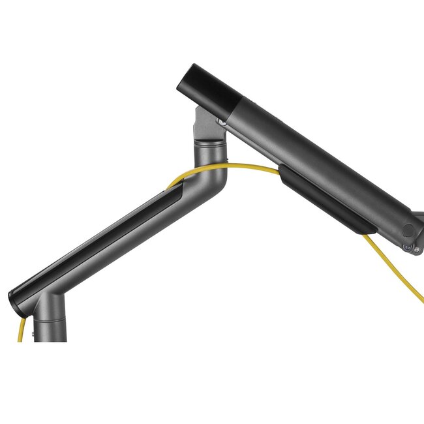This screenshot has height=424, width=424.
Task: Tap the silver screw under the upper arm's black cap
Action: pos(223,121)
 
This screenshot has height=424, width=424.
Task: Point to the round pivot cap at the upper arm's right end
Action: pos(409,230)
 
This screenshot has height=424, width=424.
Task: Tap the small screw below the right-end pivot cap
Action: pos(408,247)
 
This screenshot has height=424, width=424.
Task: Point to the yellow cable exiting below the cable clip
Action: pos(391,267)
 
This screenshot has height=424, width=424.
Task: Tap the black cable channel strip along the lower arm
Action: pos(98,235)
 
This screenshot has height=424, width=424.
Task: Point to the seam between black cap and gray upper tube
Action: pos(239,105)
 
